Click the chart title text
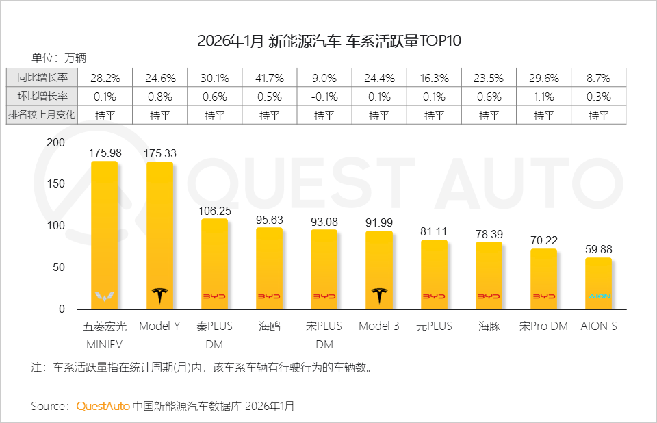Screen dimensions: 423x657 [329, 40]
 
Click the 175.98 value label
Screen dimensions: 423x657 [105, 153]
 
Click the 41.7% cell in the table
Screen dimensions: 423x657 [270, 77]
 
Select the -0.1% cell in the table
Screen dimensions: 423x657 [324, 97]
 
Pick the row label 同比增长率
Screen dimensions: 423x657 [42, 77]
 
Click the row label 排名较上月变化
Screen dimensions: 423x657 [42, 115]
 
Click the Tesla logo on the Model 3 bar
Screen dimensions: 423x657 [379, 296]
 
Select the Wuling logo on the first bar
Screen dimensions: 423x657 [105, 296]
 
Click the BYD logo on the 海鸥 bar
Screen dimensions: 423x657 [270, 296]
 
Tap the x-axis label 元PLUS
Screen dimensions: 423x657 [434, 326]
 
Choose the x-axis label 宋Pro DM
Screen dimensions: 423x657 [543, 326]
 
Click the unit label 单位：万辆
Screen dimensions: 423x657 [59, 57]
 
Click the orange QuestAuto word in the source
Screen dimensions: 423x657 [103, 406]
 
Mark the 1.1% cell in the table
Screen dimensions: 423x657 [543, 97]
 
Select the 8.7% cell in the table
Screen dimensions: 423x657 [598, 77]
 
